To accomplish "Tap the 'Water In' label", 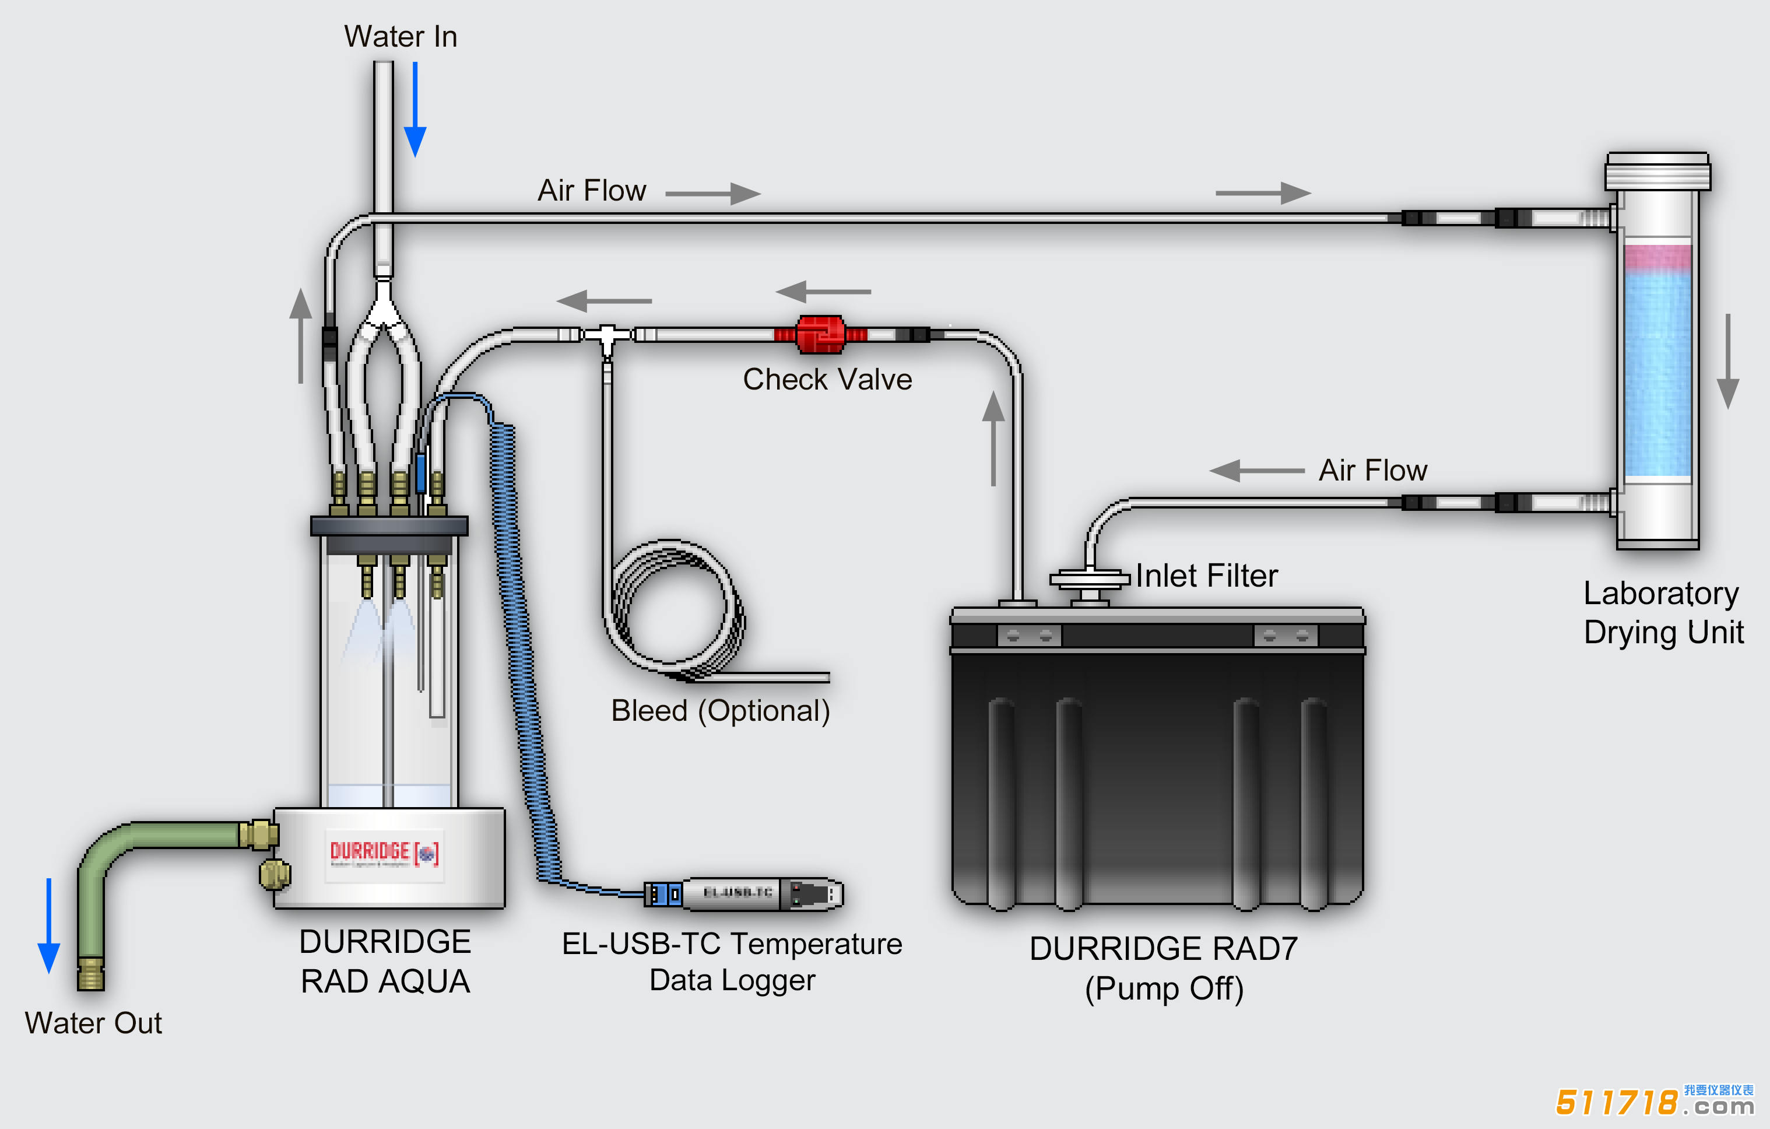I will pyautogui.click(x=401, y=37).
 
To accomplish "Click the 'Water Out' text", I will pyautogui.click(x=93, y=1023).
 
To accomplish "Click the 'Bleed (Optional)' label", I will pyautogui.click(x=721, y=711).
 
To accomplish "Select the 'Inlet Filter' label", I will pyautogui.click(x=1206, y=576).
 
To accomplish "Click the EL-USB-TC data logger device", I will pyautogui.click(x=744, y=894).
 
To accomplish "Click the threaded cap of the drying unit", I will pyautogui.click(x=1657, y=171).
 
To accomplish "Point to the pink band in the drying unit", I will pyautogui.click(x=1657, y=257).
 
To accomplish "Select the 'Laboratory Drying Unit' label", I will pyautogui.click(x=1663, y=612).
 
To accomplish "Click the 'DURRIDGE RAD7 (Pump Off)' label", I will pyautogui.click(x=1164, y=968).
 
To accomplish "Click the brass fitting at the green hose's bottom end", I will pyautogui.click(x=90, y=974).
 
